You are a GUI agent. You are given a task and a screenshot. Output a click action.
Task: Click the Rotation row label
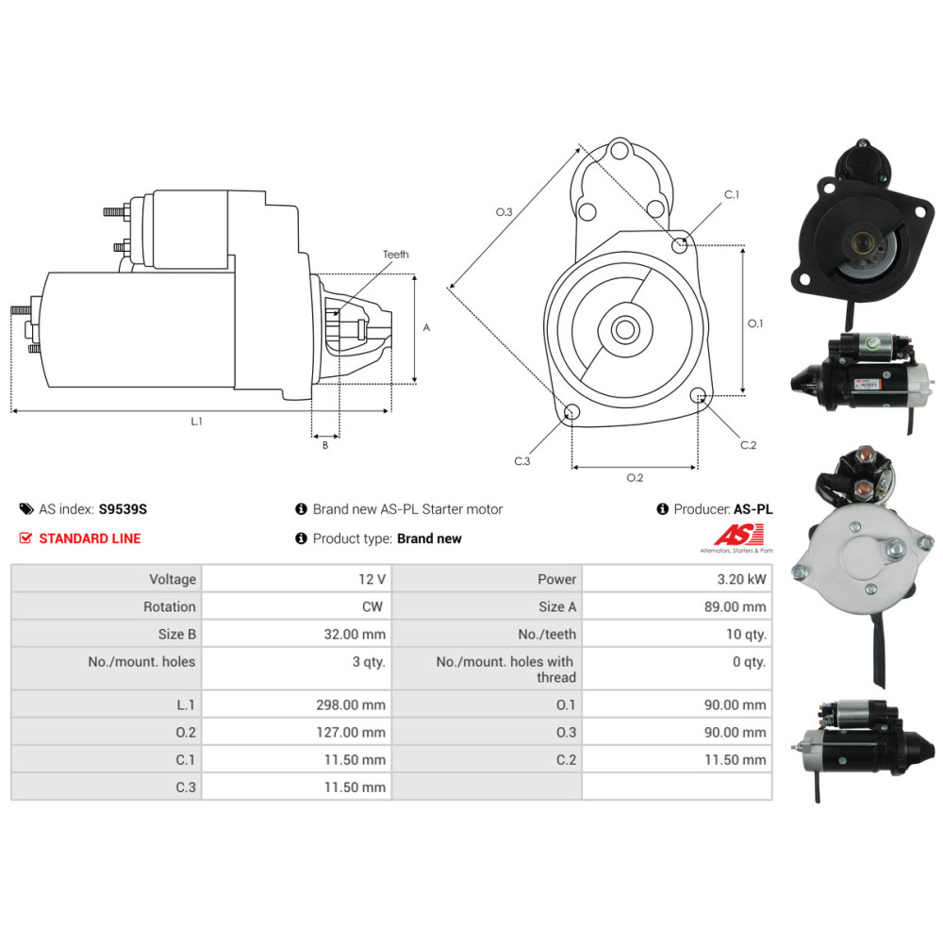(x=170, y=606)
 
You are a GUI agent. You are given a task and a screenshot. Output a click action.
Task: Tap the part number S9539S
(x=123, y=509)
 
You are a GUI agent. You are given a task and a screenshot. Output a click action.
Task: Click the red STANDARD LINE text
(x=90, y=538)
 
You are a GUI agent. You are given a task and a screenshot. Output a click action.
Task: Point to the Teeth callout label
(x=396, y=255)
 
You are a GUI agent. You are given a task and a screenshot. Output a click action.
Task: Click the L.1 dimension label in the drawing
(x=196, y=422)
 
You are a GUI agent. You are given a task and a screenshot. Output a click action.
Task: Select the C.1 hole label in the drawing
(x=731, y=195)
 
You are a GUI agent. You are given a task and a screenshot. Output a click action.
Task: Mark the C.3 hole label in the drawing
(x=522, y=461)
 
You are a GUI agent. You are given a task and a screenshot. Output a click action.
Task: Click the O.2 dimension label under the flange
(x=635, y=477)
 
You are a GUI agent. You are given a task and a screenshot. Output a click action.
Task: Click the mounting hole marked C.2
(x=698, y=396)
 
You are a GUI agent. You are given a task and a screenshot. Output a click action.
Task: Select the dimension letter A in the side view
(x=426, y=328)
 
